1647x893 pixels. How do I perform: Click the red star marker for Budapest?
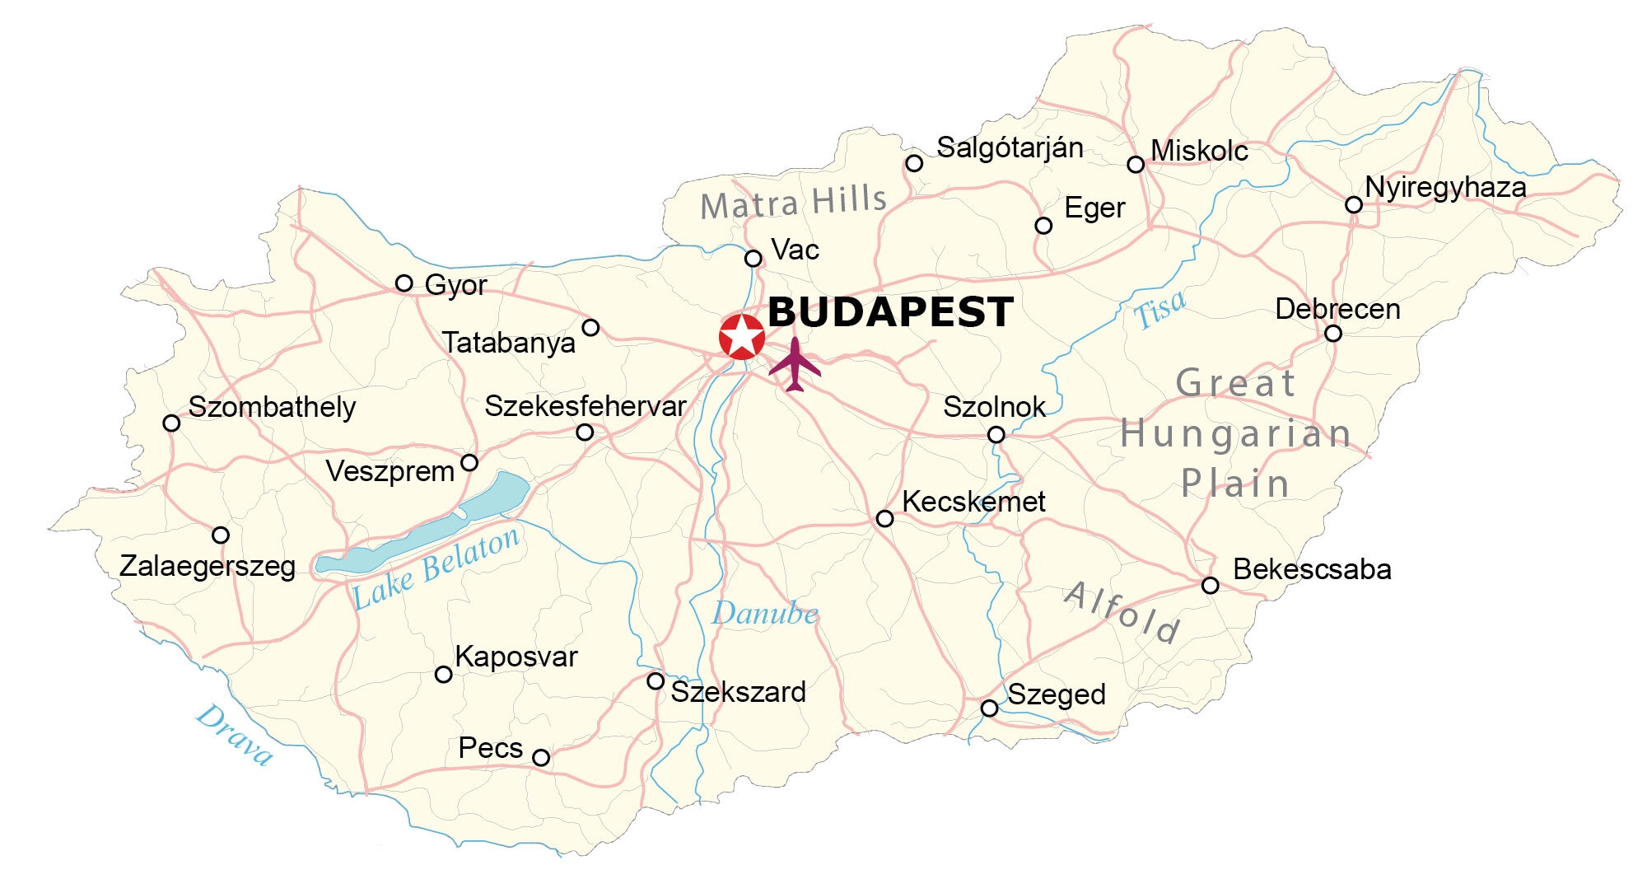coord(742,336)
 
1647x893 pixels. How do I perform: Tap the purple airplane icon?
coord(795,365)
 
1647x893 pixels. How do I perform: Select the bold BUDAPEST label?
coord(890,312)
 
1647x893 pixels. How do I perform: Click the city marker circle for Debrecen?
coord(1333,334)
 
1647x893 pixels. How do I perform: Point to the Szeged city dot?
coord(990,708)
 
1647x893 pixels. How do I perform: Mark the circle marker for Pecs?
coord(541,758)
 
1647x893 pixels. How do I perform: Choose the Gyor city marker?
coord(404,283)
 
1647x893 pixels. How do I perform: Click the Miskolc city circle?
coord(1136,165)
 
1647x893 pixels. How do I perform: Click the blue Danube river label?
coord(765,614)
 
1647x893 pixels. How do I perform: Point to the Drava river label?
coord(234,735)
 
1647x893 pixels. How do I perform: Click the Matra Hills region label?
coord(793,202)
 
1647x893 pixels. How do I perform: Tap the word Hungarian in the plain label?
coord(1235,433)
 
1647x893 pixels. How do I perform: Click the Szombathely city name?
coord(272,407)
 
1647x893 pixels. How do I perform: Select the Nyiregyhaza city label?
coord(1445,188)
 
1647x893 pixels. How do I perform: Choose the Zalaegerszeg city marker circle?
coord(221,535)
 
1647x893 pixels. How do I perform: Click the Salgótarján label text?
coord(1010,148)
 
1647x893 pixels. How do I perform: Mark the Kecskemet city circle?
coord(884,519)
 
